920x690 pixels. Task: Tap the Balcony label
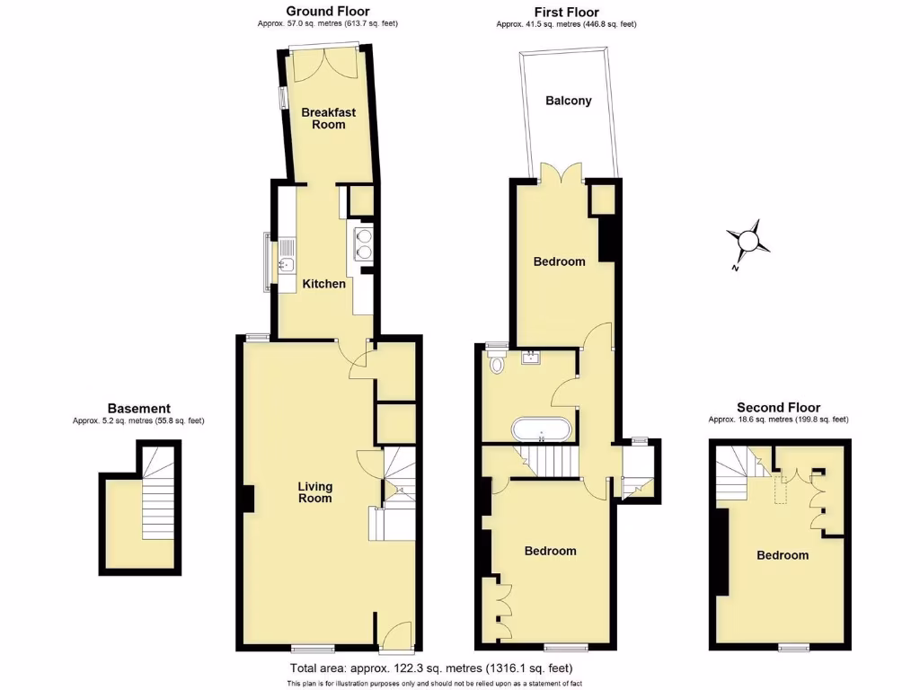569,101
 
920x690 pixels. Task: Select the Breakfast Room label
328,119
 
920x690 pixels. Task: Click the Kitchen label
323,284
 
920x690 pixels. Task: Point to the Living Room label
315,492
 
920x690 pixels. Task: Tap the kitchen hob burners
364,243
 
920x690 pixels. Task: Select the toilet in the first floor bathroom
497,362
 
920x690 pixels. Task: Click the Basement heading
138,409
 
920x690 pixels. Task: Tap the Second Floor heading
778,408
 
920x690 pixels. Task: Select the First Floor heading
566,13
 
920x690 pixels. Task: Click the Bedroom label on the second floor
782,555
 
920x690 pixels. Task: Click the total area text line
430,668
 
